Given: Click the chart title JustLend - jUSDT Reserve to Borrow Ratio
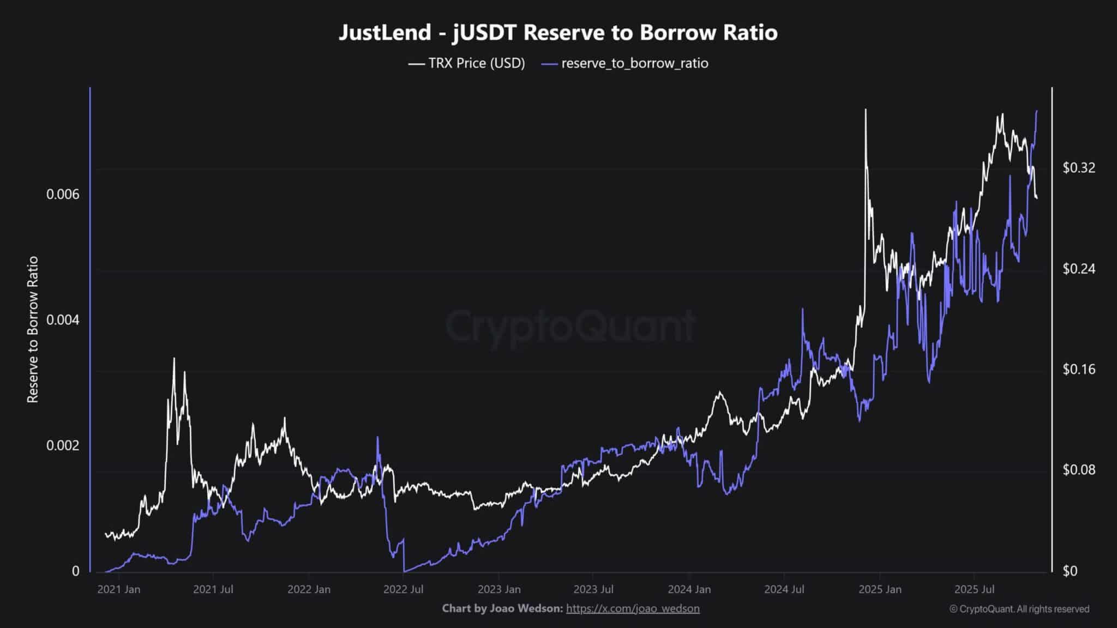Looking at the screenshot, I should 558,33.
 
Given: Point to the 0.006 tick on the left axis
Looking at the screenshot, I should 63,194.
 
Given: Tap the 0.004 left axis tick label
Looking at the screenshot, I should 63,319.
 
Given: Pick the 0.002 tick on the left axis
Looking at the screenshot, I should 63,445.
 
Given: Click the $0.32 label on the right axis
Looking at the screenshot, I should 1079,168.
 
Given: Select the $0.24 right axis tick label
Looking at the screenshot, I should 1079,269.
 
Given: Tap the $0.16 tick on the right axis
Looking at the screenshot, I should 1079,370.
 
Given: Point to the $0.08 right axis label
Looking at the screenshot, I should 1079,470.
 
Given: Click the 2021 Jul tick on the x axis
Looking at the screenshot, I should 213,589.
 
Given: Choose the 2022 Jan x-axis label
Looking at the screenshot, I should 309,589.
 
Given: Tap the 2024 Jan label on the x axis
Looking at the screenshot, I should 689,589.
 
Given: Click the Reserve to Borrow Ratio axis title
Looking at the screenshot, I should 33,330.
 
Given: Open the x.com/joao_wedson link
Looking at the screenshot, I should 633,608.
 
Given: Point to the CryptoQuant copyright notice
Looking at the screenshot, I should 1019,609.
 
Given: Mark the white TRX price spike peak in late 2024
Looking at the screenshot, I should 865,110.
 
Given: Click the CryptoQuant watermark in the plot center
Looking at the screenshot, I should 570,326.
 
